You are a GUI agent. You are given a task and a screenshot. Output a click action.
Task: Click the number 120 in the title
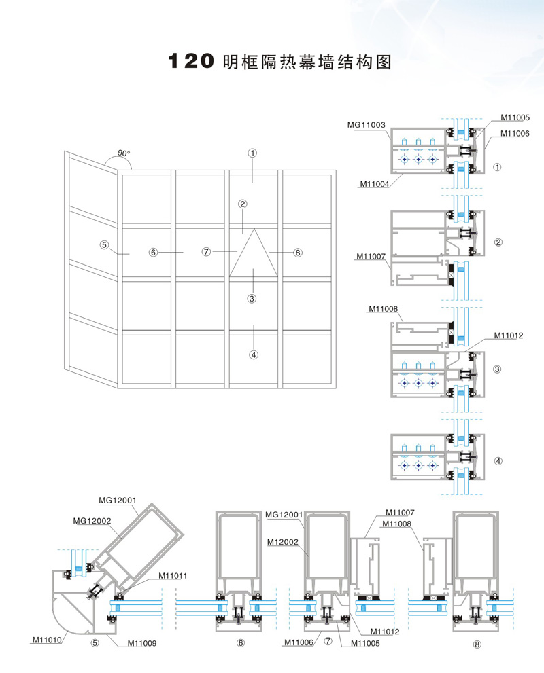192,61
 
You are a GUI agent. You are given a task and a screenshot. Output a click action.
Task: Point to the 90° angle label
123,153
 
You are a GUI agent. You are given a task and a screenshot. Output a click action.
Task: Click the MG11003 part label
367,125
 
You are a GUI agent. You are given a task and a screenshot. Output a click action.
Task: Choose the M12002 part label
284,541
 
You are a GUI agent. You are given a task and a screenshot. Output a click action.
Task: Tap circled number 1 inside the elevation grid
252,153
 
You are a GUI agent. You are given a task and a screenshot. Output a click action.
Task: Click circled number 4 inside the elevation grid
254,354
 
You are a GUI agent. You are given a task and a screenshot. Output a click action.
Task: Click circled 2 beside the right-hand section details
498,242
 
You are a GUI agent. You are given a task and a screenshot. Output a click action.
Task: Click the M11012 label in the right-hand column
509,335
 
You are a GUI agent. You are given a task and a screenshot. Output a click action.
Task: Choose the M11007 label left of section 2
371,257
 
